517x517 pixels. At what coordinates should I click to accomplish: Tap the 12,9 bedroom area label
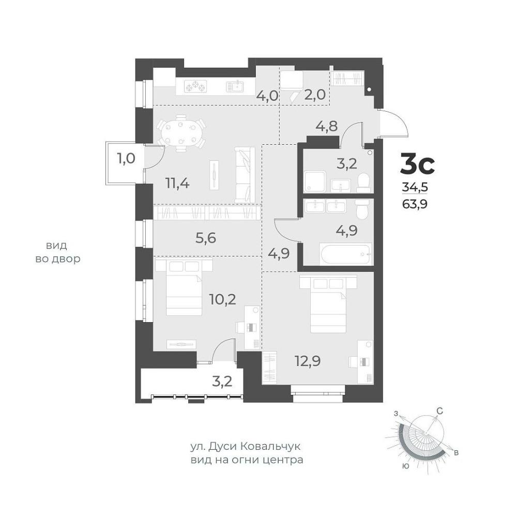point(308,361)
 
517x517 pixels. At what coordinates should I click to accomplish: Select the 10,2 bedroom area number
point(223,299)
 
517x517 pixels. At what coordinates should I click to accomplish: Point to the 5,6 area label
point(206,237)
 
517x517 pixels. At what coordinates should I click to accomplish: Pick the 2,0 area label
point(315,95)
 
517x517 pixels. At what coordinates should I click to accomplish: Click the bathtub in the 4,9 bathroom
point(346,254)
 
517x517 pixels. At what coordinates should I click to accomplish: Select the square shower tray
point(315,181)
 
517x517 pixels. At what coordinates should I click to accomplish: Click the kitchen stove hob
point(195,87)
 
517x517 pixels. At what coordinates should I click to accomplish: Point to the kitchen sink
point(235,87)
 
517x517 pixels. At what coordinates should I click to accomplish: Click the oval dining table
point(180,133)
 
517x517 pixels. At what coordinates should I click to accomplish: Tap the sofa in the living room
point(245,175)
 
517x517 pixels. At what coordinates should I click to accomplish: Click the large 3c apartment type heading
point(417,164)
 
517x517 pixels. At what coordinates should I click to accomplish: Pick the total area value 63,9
point(415,204)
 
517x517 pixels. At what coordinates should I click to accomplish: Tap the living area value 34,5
point(415,187)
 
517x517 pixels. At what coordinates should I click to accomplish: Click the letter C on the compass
point(439,411)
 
